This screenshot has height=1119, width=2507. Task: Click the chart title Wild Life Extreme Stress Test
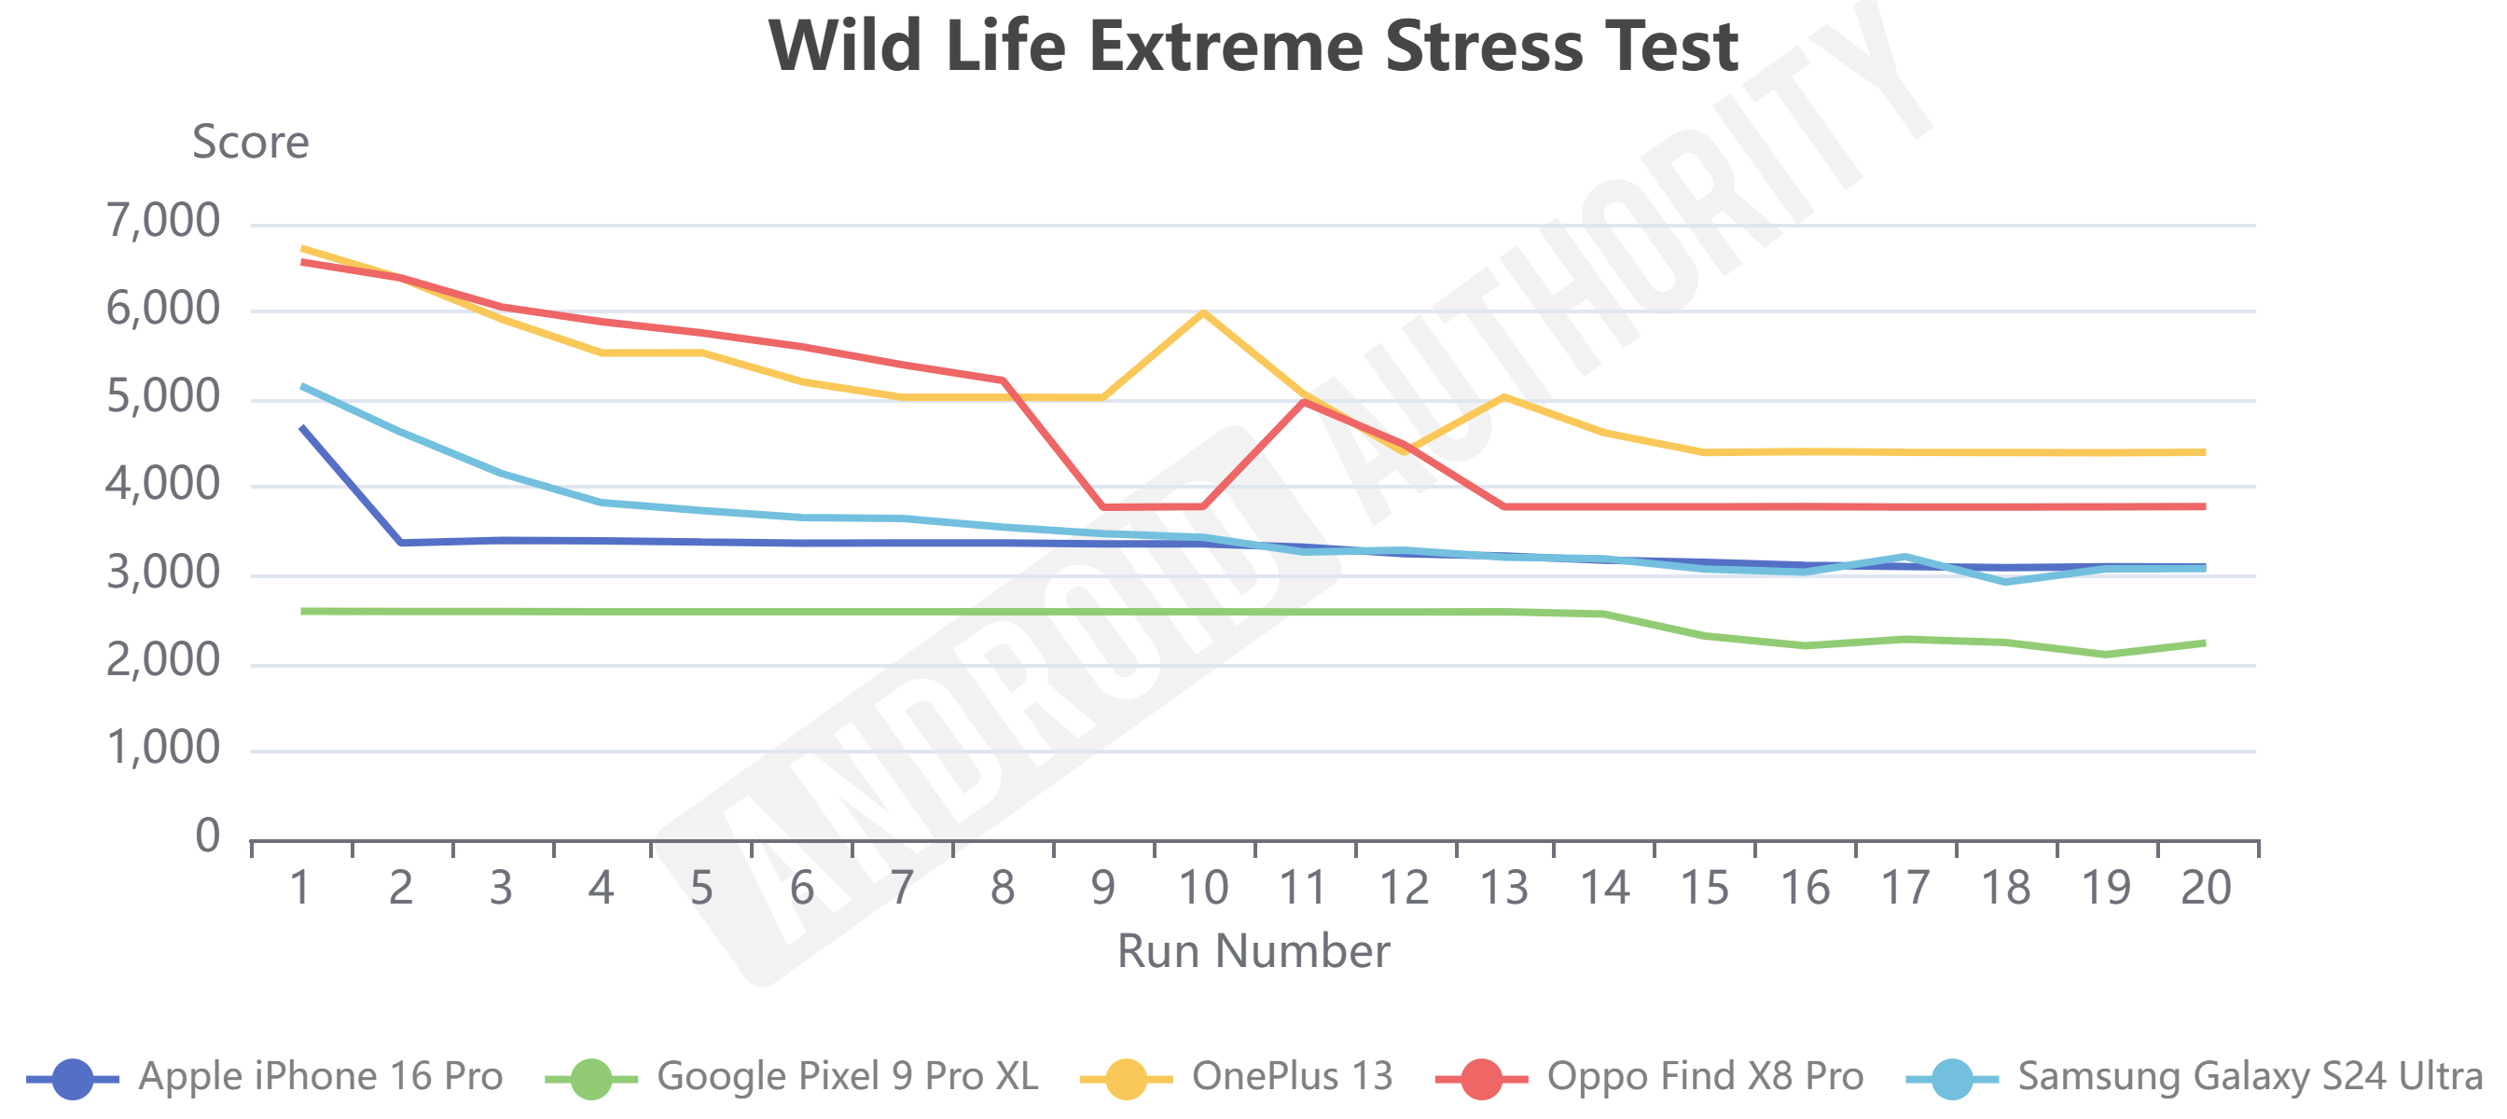1253,46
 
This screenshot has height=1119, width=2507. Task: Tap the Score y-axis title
250,142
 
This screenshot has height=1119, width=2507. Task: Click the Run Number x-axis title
1253,950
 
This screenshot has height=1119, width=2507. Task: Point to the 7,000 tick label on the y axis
163,222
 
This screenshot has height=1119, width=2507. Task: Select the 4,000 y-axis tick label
163,485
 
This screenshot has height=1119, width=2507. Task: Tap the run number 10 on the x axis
1203,888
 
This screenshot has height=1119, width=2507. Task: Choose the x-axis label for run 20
2206,888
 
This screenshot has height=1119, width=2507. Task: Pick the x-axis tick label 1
300,888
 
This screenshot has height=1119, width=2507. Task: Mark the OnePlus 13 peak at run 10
1204,312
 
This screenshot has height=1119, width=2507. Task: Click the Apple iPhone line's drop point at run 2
402,542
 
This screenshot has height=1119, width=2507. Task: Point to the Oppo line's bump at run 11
1304,401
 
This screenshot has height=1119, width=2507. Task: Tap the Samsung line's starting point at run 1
303,386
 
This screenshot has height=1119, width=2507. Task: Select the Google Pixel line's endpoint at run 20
2204,643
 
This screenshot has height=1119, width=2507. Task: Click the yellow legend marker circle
1126,1078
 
